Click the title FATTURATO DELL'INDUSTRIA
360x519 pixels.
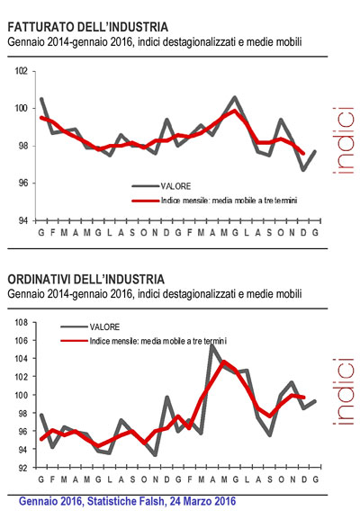[88, 27]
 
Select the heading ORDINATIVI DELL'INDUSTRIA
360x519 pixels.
[85, 279]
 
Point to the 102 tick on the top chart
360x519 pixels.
[21, 71]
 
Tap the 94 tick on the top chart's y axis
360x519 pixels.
[22, 220]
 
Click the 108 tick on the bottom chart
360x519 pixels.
[21, 322]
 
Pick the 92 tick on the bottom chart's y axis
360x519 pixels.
[22, 468]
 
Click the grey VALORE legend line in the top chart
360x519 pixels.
[146, 186]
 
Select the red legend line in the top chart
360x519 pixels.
[146, 201]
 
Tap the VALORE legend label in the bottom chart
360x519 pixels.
[104, 327]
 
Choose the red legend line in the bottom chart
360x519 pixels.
[74, 341]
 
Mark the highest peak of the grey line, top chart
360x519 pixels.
[235, 97]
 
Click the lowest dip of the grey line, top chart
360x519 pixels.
[303, 170]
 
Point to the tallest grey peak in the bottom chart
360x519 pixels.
[212, 345]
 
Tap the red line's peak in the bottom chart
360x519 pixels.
[224, 362]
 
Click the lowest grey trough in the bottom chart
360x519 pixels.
[155, 455]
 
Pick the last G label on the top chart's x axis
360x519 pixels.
[315, 233]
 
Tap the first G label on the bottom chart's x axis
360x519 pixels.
[41, 479]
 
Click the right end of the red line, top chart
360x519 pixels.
[303, 153]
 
